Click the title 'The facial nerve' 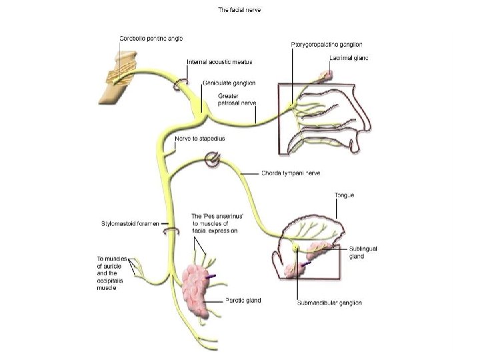click(240, 10)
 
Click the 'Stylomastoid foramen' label click(129, 224)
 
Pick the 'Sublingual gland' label click(363, 252)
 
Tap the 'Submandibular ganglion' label click(329, 302)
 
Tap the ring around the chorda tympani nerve click(212, 159)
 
